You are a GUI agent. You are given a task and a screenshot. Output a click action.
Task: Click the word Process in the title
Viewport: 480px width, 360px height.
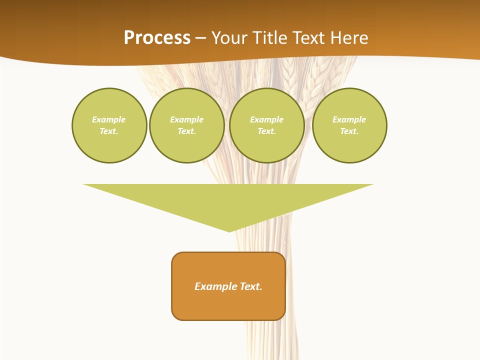coord(157,38)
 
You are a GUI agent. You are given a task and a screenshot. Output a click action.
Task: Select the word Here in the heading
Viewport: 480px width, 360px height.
coord(348,38)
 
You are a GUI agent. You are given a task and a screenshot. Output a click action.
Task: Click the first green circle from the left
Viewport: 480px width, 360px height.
coord(109,125)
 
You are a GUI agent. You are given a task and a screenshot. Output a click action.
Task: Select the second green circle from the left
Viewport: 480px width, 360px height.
coord(187,125)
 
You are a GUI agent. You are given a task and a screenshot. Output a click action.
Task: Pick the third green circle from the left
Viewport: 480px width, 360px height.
coord(267,125)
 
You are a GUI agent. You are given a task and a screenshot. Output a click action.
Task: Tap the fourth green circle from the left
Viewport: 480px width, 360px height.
coord(349,125)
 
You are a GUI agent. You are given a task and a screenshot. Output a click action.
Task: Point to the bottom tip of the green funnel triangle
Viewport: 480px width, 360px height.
coord(229,231)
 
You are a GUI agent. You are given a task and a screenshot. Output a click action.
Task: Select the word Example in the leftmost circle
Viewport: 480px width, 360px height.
coord(109,120)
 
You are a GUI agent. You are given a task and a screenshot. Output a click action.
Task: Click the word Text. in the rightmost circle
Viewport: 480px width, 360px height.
coord(349,131)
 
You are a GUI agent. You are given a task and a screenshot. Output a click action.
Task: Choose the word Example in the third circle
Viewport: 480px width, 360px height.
coord(267,120)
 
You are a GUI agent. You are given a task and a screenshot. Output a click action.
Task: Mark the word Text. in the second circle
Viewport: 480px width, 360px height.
coord(187,131)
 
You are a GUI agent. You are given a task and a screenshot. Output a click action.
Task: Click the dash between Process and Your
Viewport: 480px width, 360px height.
coord(201,38)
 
